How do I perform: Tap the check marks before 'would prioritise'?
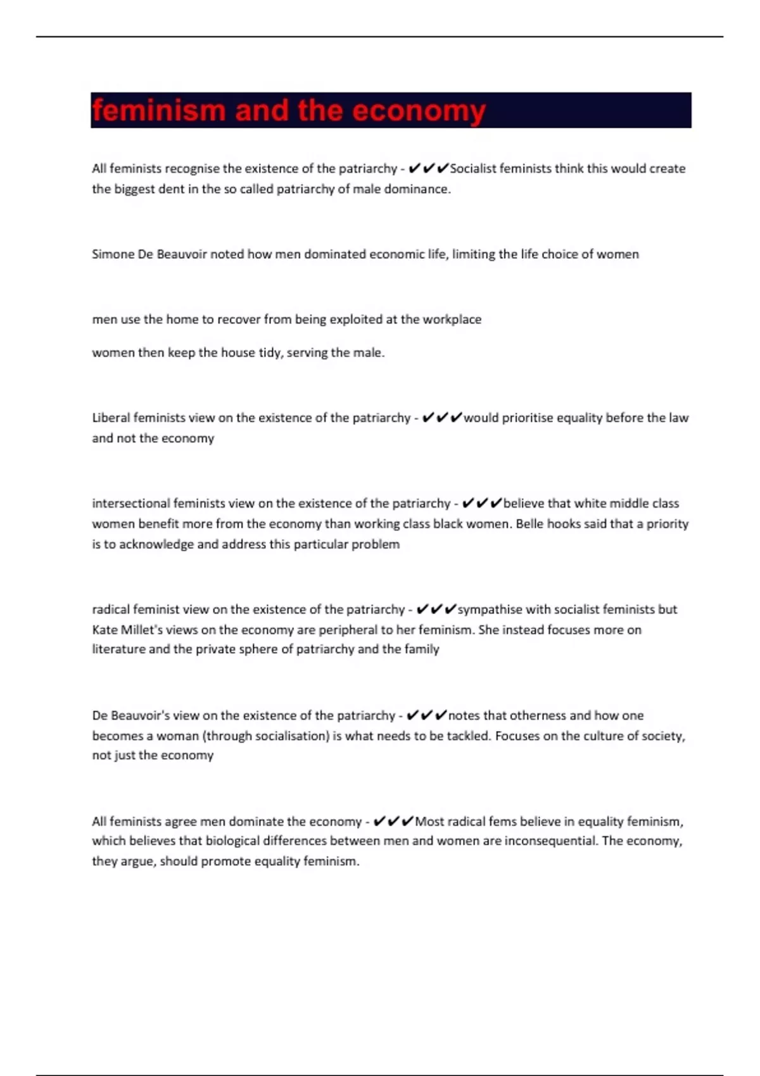(441, 418)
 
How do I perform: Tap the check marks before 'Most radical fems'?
(393, 822)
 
